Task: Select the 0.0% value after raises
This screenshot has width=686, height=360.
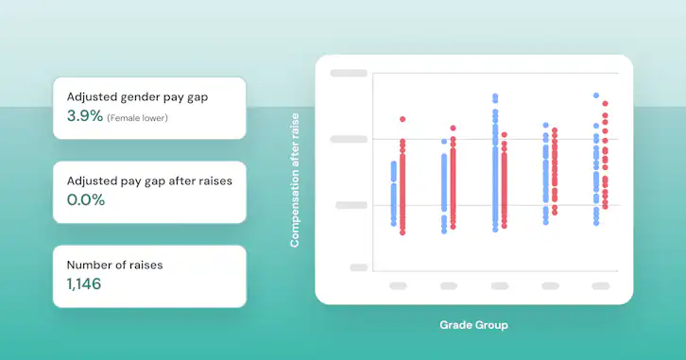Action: click(85, 199)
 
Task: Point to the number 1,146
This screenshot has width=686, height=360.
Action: click(83, 283)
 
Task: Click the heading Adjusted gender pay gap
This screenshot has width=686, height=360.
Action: click(136, 96)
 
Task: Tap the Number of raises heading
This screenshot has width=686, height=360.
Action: click(114, 265)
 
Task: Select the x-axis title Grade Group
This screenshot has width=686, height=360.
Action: click(473, 325)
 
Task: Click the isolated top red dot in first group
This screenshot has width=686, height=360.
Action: click(403, 119)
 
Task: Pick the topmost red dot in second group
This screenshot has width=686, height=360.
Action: click(453, 128)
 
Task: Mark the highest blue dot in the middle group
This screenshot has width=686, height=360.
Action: click(494, 96)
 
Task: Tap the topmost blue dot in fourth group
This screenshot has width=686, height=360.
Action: click(545, 125)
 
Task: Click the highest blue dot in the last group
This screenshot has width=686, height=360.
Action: click(596, 95)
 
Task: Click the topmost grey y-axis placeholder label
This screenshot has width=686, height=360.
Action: click(348, 73)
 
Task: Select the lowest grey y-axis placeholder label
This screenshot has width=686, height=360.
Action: click(358, 267)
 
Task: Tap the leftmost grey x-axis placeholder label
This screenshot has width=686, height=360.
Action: click(398, 285)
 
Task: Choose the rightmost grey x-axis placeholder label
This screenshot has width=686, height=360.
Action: click(600, 285)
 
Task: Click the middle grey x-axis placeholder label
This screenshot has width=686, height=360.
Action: click(499, 285)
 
